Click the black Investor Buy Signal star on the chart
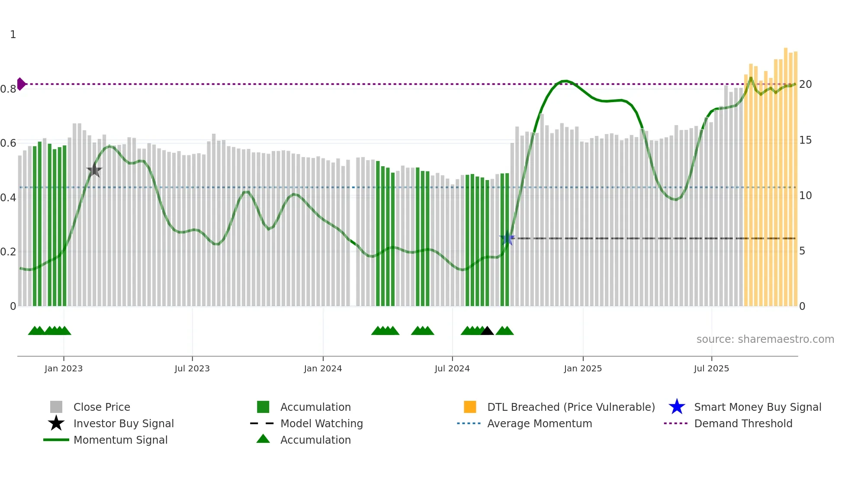pyautogui.click(x=94, y=170)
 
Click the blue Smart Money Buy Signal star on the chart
pyautogui.click(x=507, y=238)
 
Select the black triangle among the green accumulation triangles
pyautogui.click(x=487, y=331)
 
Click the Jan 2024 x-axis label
pyautogui.click(x=323, y=368)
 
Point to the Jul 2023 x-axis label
pyautogui.click(x=192, y=368)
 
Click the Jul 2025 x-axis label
pyautogui.click(x=711, y=368)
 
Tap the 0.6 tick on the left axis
pyautogui.click(x=8, y=143)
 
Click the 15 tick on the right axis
pyautogui.click(x=805, y=140)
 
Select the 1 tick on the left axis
pyautogui.click(x=13, y=35)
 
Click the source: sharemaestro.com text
pyautogui.click(x=765, y=339)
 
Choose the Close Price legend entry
pyautogui.click(x=102, y=407)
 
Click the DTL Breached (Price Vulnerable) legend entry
pyautogui.click(x=571, y=407)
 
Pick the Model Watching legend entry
pyautogui.click(x=321, y=423)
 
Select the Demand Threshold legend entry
pyautogui.click(x=743, y=423)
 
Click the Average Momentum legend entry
pyautogui.click(x=540, y=423)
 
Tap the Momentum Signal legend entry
pyautogui.click(x=120, y=440)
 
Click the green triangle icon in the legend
pyautogui.click(x=263, y=439)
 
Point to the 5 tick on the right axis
pyautogui.click(x=802, y=251)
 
